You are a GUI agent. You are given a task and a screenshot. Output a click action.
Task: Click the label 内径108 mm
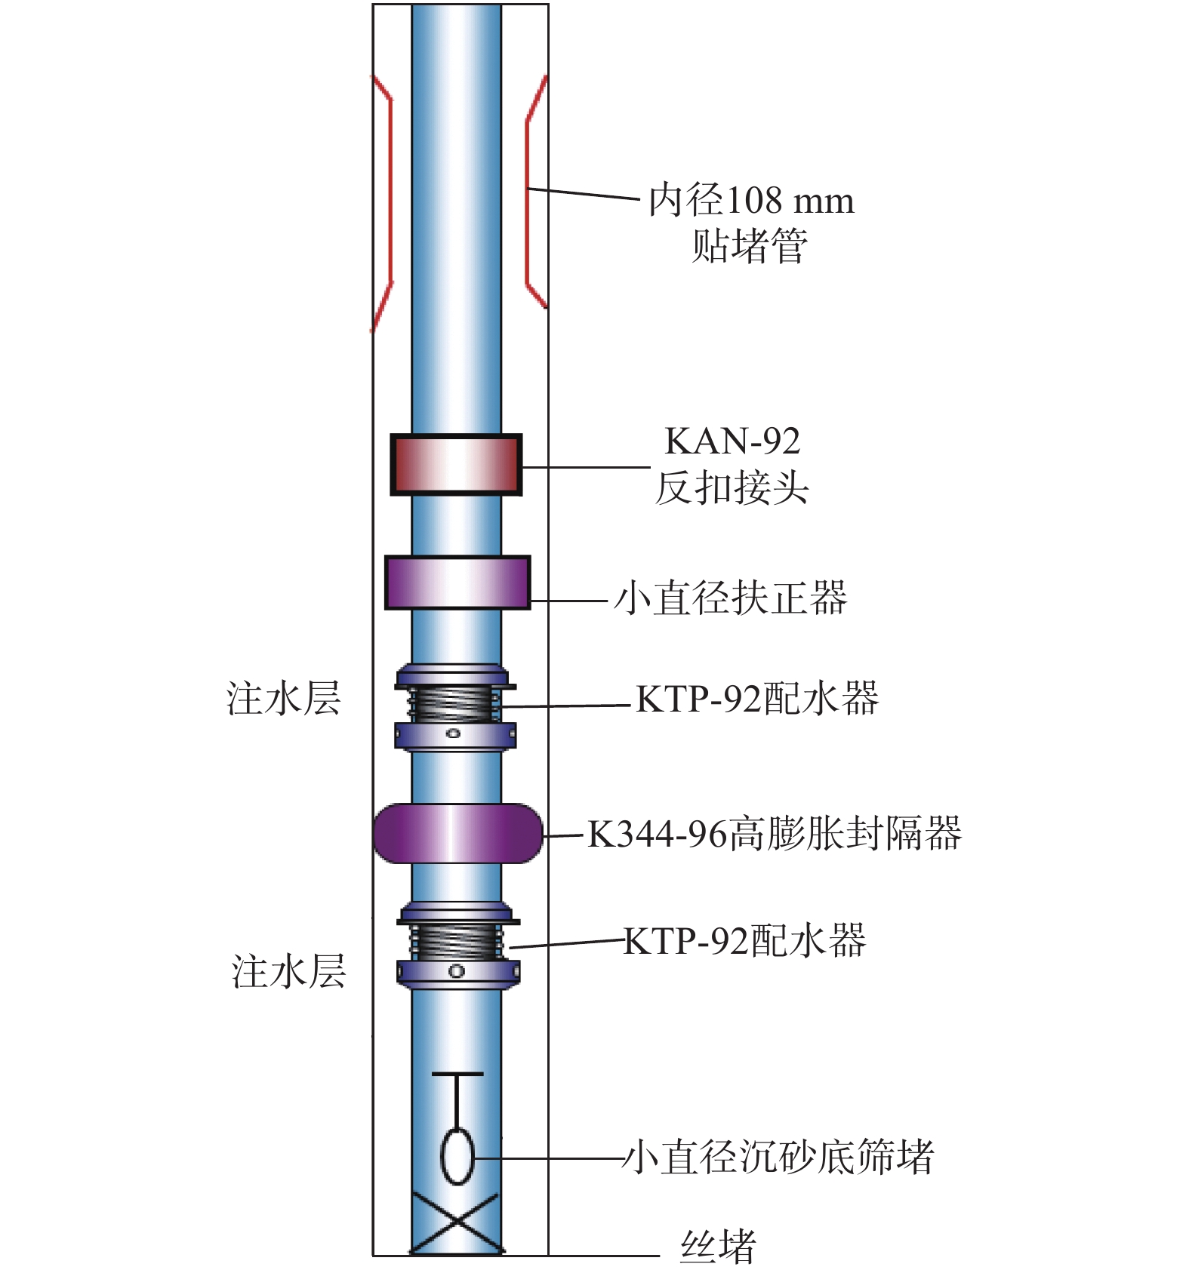click(751, 201)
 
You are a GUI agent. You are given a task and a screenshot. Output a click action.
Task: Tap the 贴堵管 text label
click(750, 246)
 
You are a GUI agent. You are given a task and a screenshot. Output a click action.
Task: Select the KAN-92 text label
click(732, 441)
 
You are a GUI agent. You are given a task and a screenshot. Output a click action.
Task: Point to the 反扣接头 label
click(732, 487)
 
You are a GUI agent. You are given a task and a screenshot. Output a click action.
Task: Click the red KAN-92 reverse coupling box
click(456, 465)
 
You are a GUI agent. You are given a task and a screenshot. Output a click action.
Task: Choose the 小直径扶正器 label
click(731, 598)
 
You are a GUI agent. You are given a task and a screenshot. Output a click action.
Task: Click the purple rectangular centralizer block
click(457, 583)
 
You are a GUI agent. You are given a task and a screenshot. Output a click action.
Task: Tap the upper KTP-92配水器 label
click(757, 699)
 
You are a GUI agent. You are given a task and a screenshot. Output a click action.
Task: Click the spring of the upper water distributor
click(454, 704)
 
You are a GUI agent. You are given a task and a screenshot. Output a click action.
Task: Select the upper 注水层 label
click(284, 698)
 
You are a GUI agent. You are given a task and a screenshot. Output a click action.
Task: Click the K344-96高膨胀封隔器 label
click(775, 834)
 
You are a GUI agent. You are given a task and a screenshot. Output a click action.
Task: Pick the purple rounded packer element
click(457, 833)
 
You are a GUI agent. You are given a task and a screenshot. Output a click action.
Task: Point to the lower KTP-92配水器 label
click(745, 941)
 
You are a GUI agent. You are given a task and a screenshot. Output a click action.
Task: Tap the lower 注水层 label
click(288, 971)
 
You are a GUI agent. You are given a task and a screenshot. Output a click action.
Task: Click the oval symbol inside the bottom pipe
click(457, 1156)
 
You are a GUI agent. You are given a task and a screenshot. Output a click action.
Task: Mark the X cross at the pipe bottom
click(456, 1223)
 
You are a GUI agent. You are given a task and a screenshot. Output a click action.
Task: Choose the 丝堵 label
click(718, 1247)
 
